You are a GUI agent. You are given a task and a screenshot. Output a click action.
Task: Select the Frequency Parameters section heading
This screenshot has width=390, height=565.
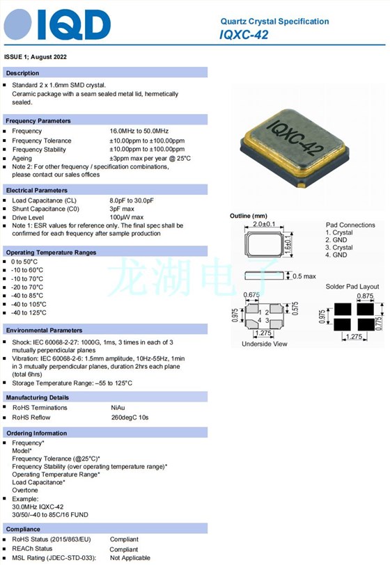38,120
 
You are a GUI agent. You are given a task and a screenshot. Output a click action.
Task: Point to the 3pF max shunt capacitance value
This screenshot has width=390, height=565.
122,209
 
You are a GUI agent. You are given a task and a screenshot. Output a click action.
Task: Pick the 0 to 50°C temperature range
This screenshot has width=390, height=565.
26,262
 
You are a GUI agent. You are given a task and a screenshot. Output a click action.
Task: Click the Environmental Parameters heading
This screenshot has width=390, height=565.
44,330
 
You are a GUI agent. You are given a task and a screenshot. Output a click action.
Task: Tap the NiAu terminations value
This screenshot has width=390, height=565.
118,407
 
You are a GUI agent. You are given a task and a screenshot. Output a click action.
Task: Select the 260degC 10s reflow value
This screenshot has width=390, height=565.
130,417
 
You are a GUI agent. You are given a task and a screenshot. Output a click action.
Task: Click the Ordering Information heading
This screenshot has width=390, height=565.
36,433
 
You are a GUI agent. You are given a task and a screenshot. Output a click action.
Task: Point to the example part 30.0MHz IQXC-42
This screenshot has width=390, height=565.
38,507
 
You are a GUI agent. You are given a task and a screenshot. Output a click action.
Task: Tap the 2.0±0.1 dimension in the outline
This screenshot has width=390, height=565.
265,225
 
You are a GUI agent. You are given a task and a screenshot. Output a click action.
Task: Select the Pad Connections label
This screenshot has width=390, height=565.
350,225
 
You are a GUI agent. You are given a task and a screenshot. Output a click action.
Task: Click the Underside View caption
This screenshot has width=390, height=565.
265,344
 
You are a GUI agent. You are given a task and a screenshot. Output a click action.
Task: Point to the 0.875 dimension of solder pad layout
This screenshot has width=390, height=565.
363,296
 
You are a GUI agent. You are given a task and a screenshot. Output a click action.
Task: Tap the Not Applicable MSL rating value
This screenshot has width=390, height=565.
130,557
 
